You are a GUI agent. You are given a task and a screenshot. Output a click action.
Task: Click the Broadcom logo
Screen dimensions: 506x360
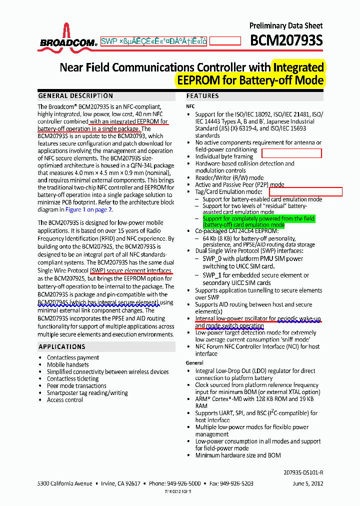[67, 37]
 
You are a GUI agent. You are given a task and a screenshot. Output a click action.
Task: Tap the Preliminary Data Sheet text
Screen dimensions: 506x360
[286, 25]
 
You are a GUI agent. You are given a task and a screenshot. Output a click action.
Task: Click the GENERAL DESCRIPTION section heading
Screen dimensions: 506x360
[75, 96]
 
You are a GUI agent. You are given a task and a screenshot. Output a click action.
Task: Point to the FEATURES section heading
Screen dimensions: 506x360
[202, 96]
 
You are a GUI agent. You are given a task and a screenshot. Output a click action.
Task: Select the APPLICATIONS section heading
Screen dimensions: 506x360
[61, 346]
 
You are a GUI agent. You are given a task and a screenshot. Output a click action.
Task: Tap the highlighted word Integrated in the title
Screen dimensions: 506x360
[298, 67]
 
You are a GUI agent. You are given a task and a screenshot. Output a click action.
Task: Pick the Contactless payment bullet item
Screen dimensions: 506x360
[73, 357]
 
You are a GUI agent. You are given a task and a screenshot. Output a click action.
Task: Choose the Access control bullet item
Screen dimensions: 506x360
[65, 399]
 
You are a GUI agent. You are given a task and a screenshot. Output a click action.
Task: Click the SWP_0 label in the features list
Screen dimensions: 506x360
[211, 258]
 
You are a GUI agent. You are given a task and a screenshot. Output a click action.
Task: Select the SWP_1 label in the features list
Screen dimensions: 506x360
[211, 275]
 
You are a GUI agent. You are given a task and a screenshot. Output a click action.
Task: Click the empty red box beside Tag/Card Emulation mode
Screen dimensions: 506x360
[305, 191]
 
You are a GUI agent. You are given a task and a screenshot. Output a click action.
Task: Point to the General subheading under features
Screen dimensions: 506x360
[195, 362]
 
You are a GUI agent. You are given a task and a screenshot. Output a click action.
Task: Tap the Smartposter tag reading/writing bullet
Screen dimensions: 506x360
[87, 392]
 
